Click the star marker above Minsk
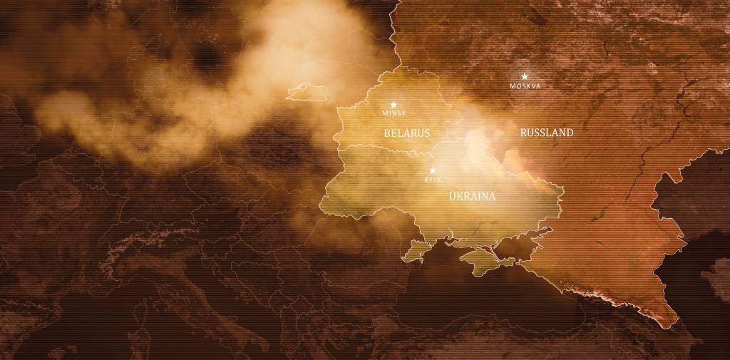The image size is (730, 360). [x=393, y=105]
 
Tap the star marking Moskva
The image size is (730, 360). [x=525, y=76]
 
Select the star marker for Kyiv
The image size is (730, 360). [x=432, y=170]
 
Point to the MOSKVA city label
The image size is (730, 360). [x=525, y=86]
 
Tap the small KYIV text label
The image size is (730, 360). [x=433, y=180]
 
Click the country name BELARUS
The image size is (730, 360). [x=407, y=133]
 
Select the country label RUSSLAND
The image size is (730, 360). [x=547, y=133]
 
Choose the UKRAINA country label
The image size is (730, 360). [x=472, y=196]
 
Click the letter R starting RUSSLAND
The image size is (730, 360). [x=524, y=133]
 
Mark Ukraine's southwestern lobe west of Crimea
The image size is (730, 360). [x=416, y=250]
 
